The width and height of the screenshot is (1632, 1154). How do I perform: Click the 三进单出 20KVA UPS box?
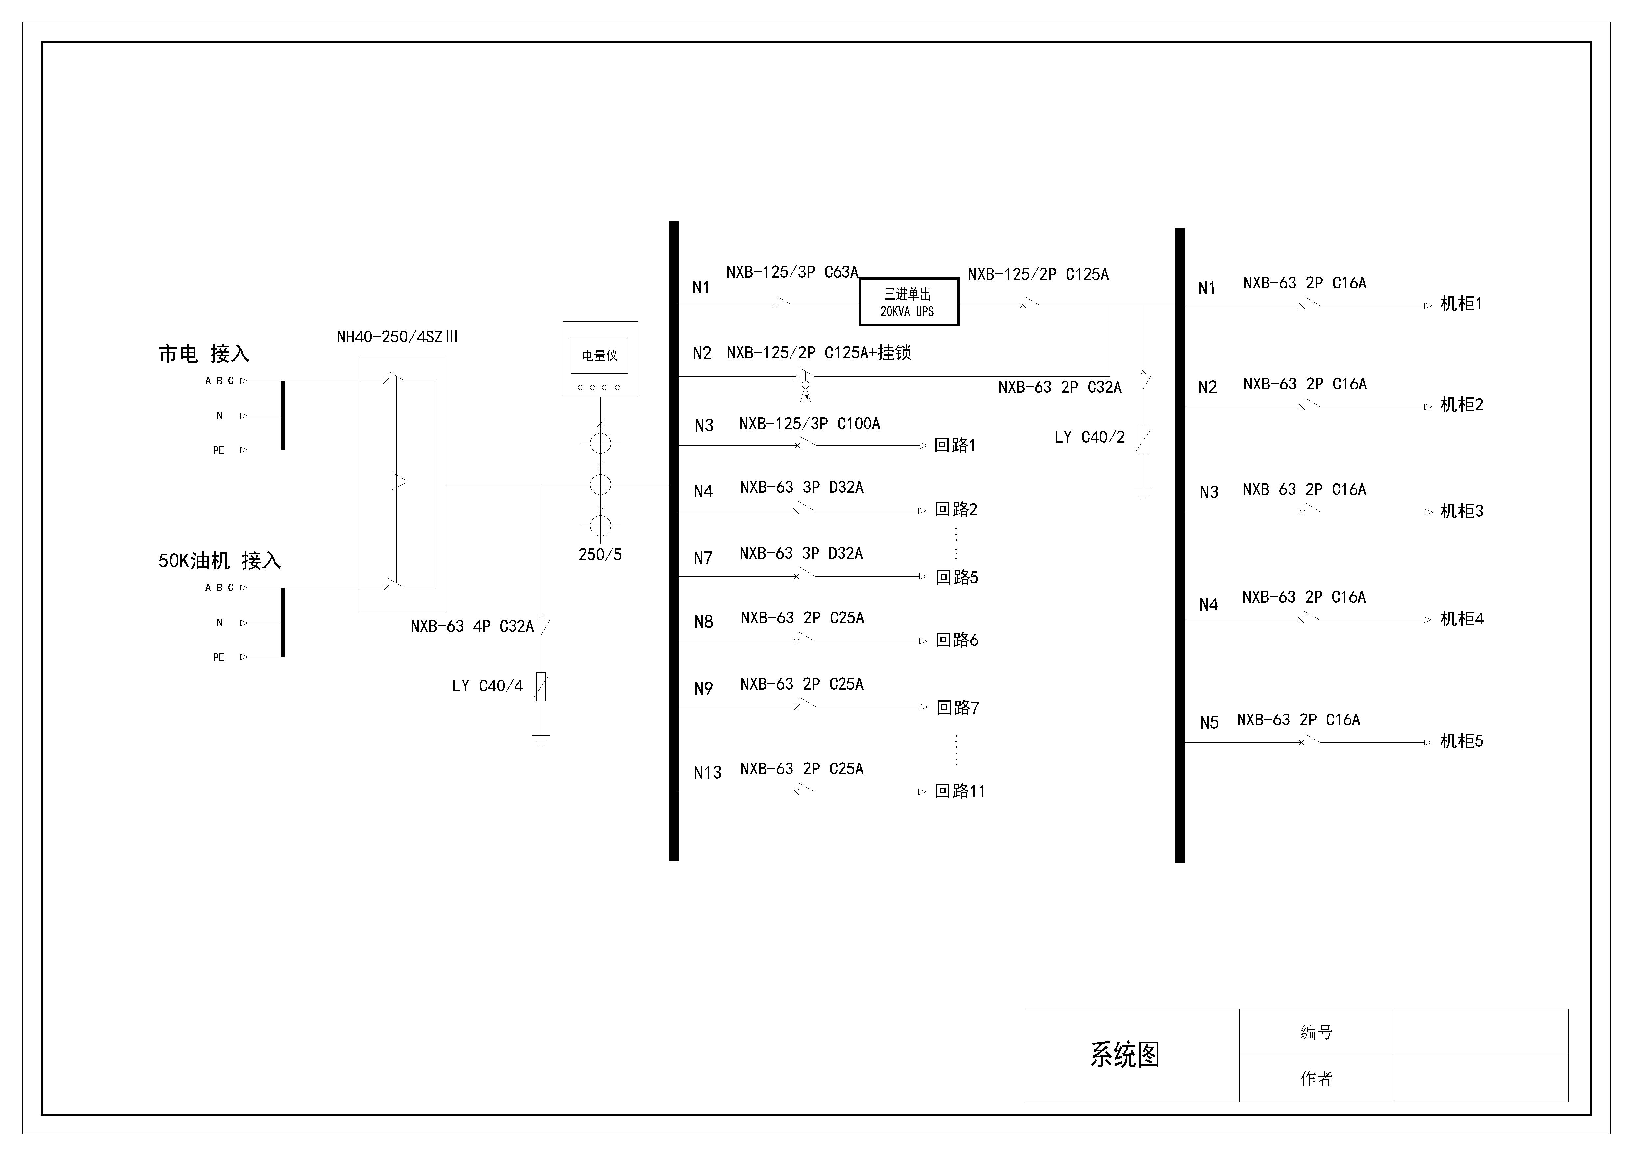pos(908,302)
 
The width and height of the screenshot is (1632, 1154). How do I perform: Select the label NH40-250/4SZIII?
pos(397,337)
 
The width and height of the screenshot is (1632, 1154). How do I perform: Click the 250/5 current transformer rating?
pos(600,554)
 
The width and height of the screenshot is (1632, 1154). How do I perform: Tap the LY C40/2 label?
pos(1089,437)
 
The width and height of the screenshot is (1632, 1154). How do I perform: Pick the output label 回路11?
pos(960,791)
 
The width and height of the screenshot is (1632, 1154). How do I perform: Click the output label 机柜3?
pos(1461,511)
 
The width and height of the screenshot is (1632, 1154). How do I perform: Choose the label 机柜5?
pos(1461,741)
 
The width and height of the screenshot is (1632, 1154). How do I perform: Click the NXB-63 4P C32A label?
pos(472,626)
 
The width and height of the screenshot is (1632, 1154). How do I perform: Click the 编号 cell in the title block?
pos(1317,1032)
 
